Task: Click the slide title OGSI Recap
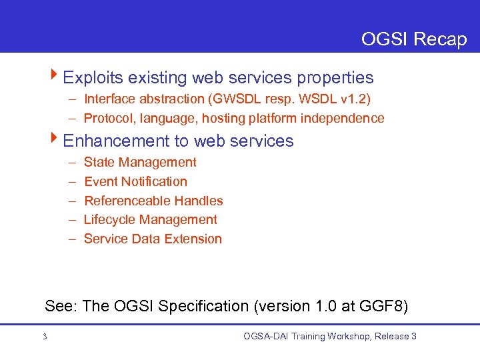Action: click(413, 39)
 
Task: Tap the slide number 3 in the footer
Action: click(45, 337)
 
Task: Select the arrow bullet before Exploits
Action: click(56, 77)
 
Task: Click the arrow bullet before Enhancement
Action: click(56, 140)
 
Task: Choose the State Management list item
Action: click(140, 162)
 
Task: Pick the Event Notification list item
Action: click(135, 181)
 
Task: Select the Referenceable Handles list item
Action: click(153, 201)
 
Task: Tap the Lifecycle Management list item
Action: click(150, 219)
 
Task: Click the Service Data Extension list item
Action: click(153, 239)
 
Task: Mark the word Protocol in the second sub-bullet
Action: click(107, 119)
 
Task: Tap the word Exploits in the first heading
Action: click(91, 78)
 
